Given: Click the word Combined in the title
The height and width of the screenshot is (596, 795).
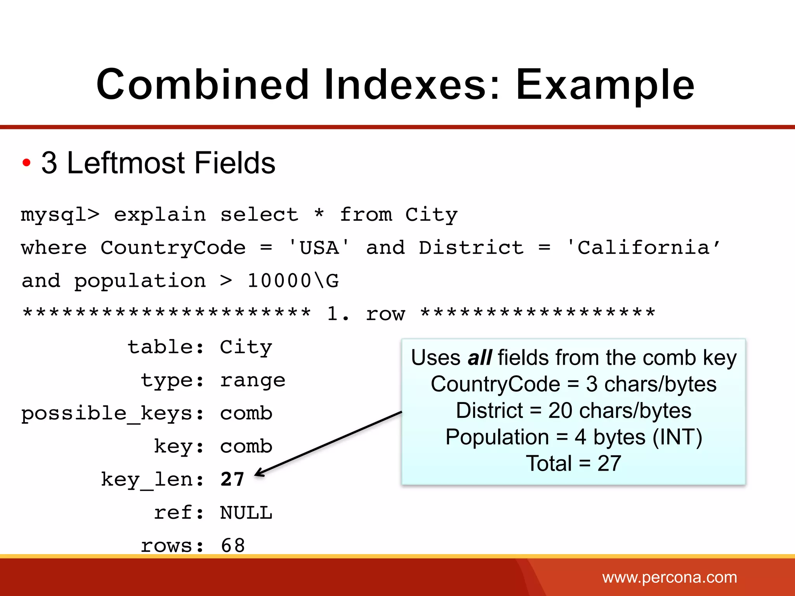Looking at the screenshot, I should coord(202,85).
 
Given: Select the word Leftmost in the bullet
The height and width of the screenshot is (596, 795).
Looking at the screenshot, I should coord(126,163).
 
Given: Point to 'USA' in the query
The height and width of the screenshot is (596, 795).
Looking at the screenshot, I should coord(319,248).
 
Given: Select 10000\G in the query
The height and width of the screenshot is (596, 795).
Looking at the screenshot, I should coord(293,281).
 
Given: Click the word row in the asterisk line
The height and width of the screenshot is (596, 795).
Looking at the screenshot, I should coord(385,314).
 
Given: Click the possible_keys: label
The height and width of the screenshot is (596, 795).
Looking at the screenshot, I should coord(113,414).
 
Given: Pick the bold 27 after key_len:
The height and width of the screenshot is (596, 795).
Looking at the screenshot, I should coord(232,480).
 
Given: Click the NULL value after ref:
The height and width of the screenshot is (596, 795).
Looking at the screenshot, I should coord(246,513).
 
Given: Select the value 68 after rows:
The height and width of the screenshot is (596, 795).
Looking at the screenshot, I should coord(233,546).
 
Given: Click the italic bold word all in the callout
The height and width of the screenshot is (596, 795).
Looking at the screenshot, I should coord(480,358).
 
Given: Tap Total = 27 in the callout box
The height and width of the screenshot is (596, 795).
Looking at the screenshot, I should coord(573,463).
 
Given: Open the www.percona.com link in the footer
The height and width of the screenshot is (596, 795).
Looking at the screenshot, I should coord(669,577).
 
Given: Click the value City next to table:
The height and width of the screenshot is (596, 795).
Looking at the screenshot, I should coord(246,347).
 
